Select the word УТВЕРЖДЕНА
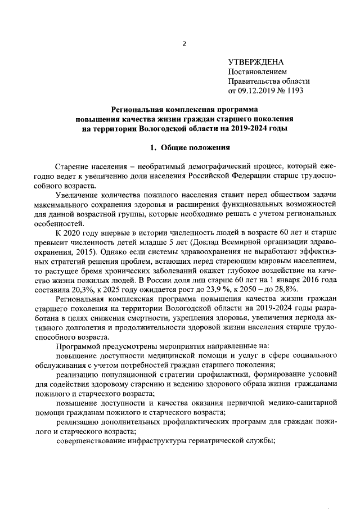(255, 62)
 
